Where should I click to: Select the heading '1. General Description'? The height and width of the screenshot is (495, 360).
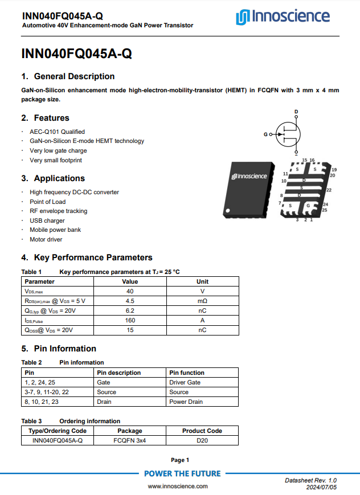coord(68,76)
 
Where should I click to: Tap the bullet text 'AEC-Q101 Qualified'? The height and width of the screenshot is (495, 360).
coord(57,132)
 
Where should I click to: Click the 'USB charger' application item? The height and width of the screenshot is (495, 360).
coord(47,220)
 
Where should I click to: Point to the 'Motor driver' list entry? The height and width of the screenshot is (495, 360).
coord(46,239)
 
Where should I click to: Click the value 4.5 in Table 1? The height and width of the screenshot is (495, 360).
coord(130,301)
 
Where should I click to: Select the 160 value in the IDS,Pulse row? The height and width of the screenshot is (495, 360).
coord(130,320)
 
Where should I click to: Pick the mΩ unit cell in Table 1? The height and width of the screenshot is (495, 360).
coord(202,301)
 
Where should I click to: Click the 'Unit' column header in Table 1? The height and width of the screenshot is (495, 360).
coord(202,281)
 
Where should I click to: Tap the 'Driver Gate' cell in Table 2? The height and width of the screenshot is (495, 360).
coord(185,382)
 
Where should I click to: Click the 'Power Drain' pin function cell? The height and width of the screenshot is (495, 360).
coord(186,402)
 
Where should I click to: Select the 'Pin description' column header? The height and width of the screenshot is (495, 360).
coord(118,373)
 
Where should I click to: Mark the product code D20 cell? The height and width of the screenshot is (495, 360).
coord(202,440)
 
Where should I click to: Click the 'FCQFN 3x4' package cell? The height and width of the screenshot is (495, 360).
coord(130,440)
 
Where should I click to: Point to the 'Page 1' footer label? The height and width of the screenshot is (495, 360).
coord(180,460)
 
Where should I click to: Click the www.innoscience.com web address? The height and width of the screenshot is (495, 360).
coord(178,486)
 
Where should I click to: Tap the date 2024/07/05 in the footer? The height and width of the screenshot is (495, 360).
coord(321,488)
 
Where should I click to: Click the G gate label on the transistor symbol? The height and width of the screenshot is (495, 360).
coord(265,134)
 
